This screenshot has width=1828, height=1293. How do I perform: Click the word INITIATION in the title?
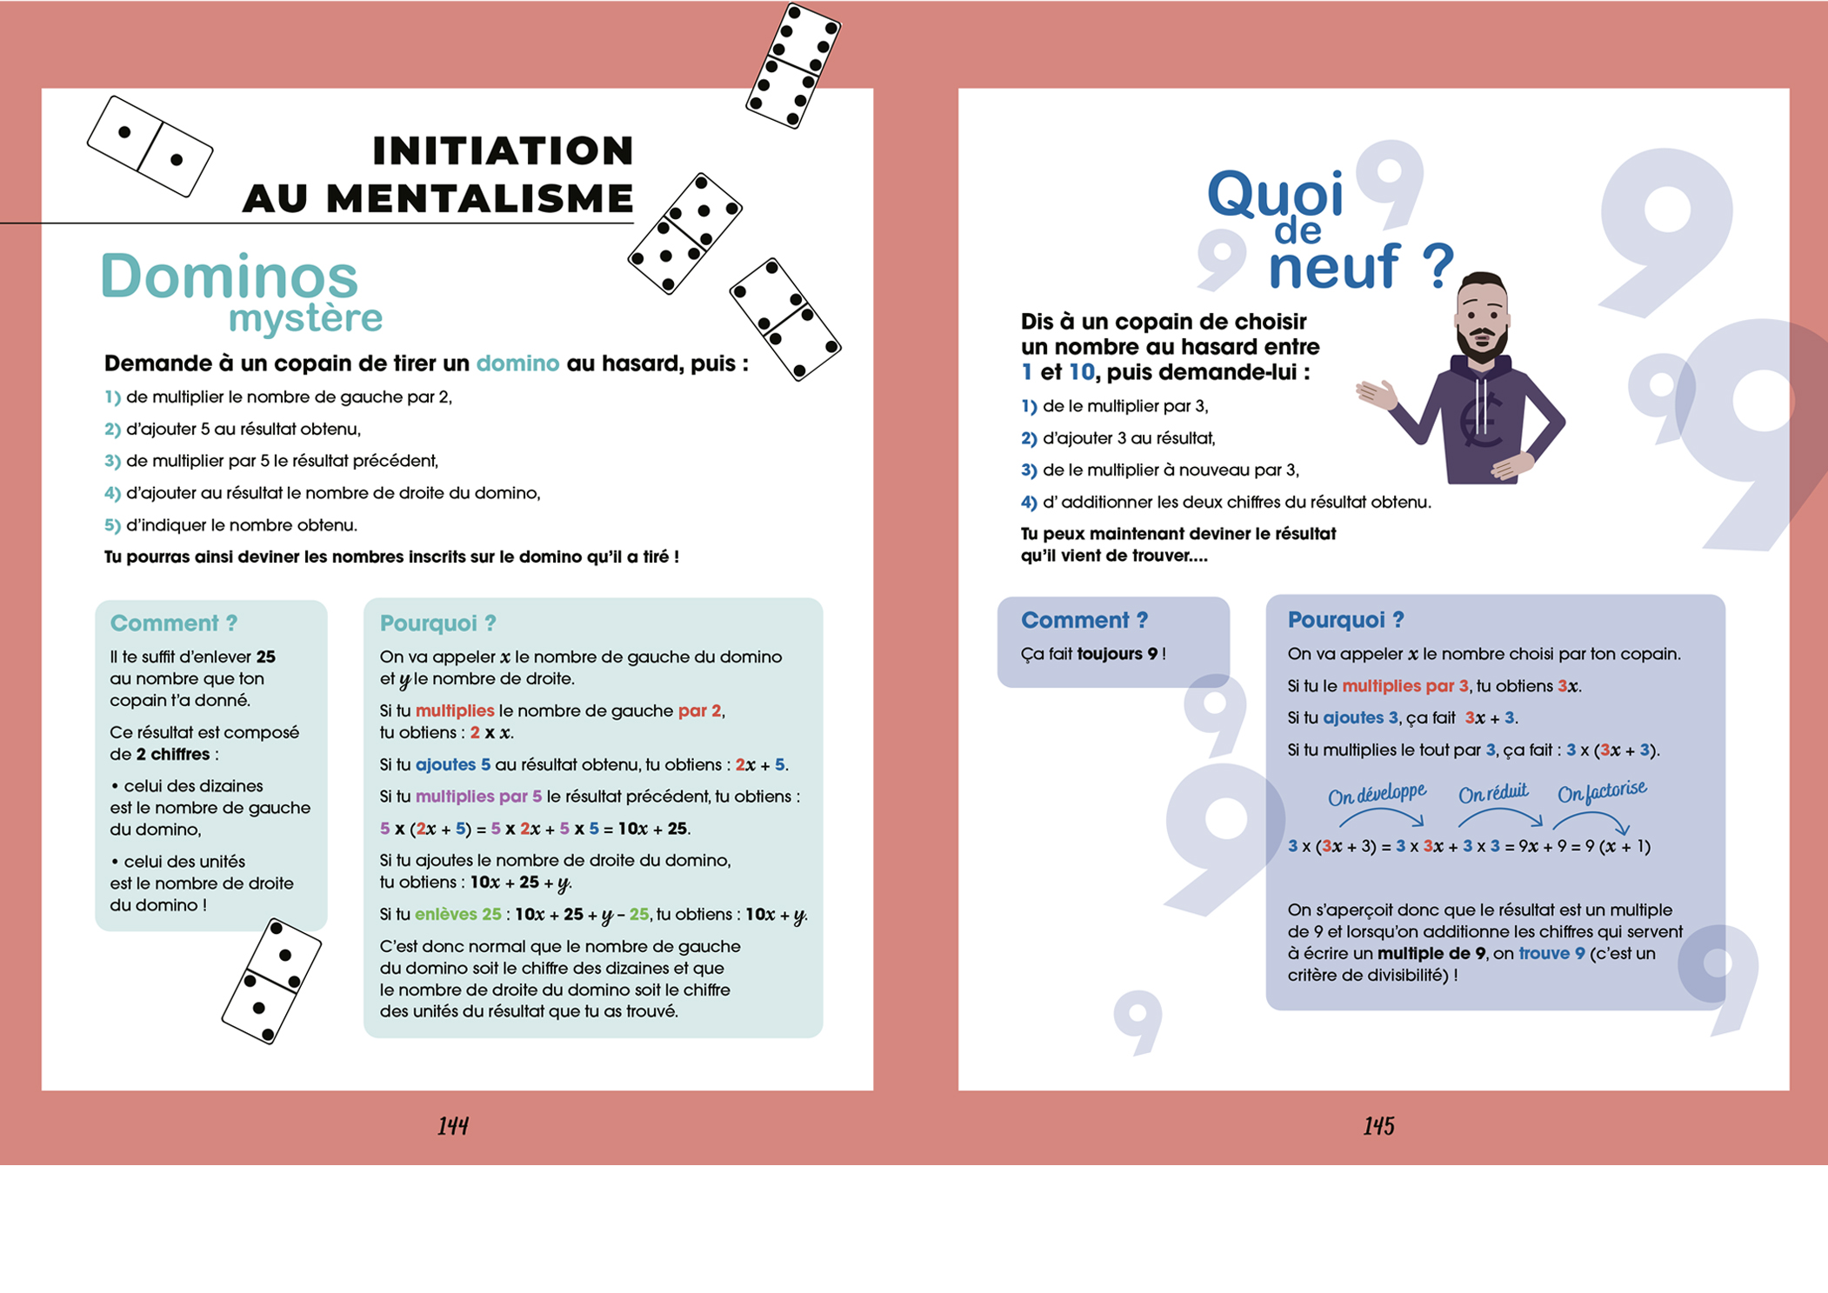click(x=503, y=150)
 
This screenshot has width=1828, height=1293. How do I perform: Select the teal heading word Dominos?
click(x=229, y=277)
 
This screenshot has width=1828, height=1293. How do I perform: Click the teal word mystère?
click(x=305, y=318)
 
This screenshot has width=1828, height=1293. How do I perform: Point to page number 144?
click(x=452, y=1126)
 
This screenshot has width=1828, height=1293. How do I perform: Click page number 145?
click(x=1378, y=1126)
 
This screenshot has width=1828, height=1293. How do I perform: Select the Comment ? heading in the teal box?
click(x=173, y=623)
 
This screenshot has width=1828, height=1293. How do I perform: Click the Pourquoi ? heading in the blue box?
click(x=1345, y=619)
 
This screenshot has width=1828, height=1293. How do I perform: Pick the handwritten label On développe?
click(x=1377, y=794)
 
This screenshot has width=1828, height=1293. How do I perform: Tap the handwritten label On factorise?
click(x=1602, y=791)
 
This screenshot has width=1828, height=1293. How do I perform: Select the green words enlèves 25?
click(x=457, y=914)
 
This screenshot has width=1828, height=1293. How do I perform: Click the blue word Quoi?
click(x=1275, y=194)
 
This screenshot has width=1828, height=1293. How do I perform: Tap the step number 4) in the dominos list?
click(x=112, y=493)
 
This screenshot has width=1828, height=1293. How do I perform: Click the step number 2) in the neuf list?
click(x=1029, y=438)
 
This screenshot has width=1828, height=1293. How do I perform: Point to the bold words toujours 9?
click(x=1117, y=653)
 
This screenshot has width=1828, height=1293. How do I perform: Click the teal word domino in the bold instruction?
click(x=517, y=363)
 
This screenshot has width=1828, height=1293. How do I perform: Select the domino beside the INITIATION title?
click(x=150, y=146)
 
